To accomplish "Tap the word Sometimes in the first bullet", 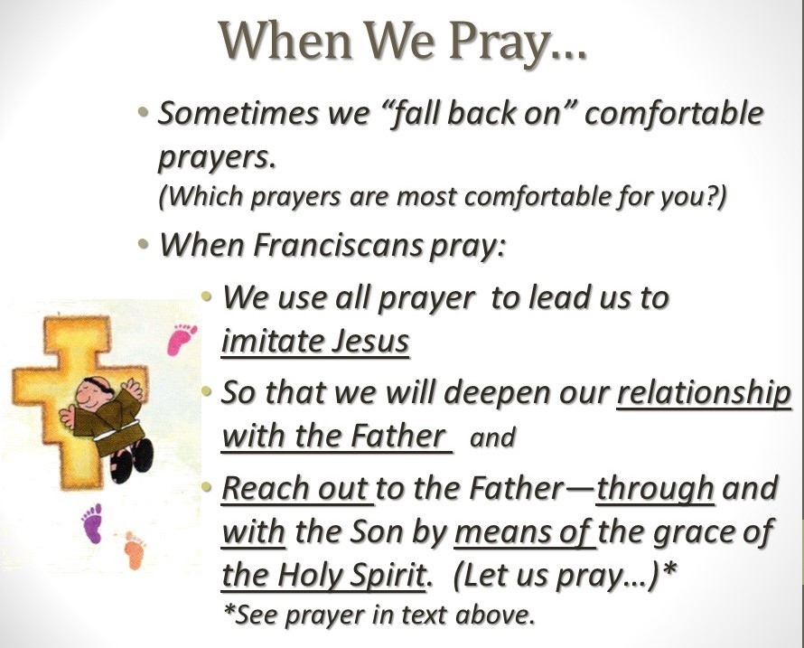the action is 238,113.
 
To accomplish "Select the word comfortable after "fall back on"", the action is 674,113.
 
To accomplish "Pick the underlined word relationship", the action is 704,393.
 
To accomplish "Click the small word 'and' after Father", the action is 491,437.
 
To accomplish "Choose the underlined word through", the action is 655,488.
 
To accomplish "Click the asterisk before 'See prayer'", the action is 229,611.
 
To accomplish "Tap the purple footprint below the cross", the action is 93,522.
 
